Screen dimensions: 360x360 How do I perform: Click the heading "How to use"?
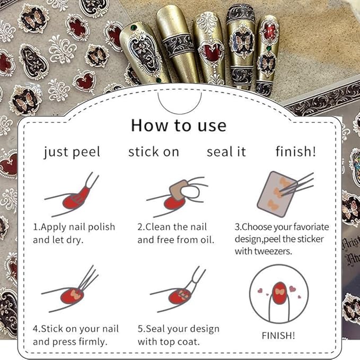(x=179, y=126)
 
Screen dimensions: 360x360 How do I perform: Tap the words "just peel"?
(x=72, y=152)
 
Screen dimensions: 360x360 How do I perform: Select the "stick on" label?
(x=154, y=152)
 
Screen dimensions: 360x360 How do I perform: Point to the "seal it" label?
(x=226, y=152)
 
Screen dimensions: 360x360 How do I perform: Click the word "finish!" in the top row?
(x=295, y=152)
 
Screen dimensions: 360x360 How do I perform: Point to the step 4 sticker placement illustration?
(x=72, y=291)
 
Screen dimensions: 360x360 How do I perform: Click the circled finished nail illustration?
(x=278, y=293)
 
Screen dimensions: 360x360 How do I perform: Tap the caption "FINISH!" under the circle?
(x=279, y=336)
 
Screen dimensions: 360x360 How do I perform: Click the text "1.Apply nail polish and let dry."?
(x=74, y=233)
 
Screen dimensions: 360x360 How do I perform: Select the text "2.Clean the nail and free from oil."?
(x=175, y=233)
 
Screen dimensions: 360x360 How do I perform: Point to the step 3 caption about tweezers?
(x=282, y=239)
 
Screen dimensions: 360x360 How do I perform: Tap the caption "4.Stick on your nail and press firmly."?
(x=76, y=335)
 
